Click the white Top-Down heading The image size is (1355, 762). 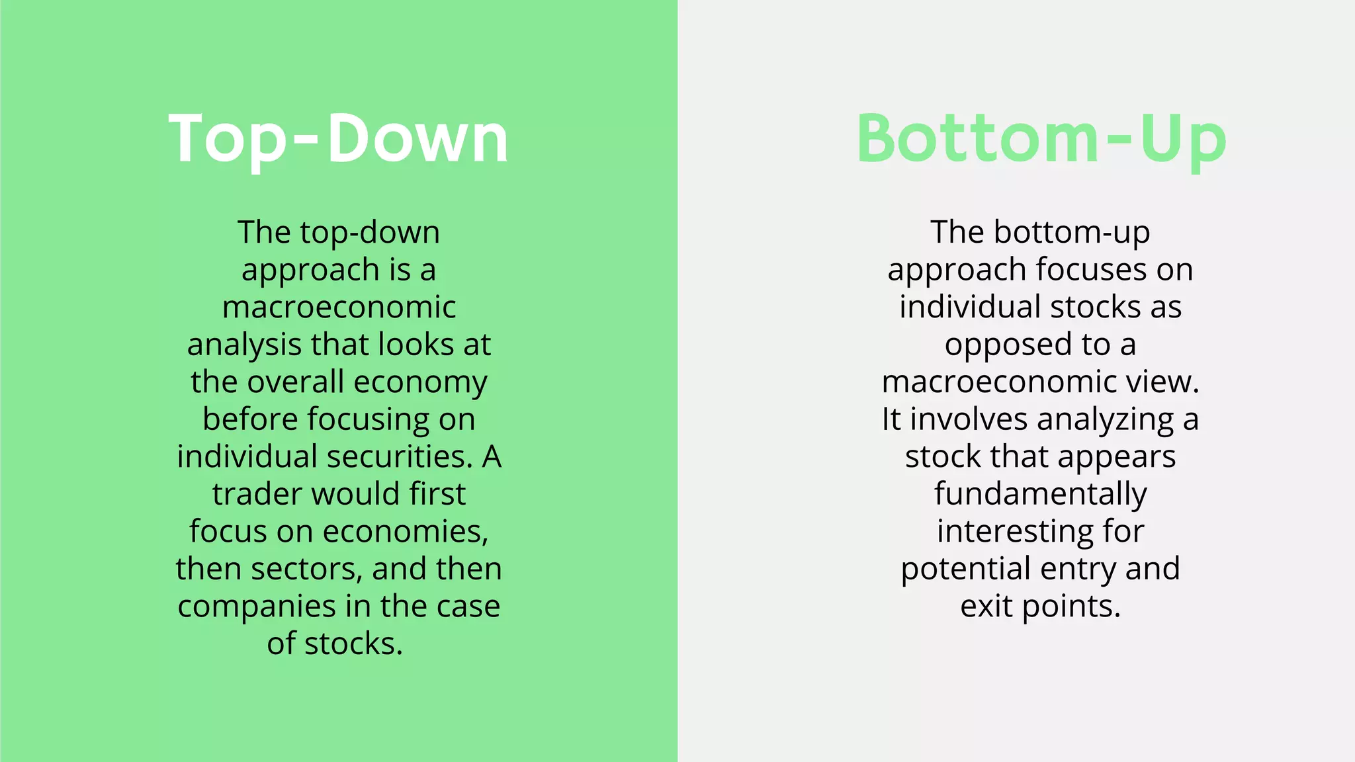[338, 139]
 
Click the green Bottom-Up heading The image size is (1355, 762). [1041, 139]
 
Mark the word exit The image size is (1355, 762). [986, 607]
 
